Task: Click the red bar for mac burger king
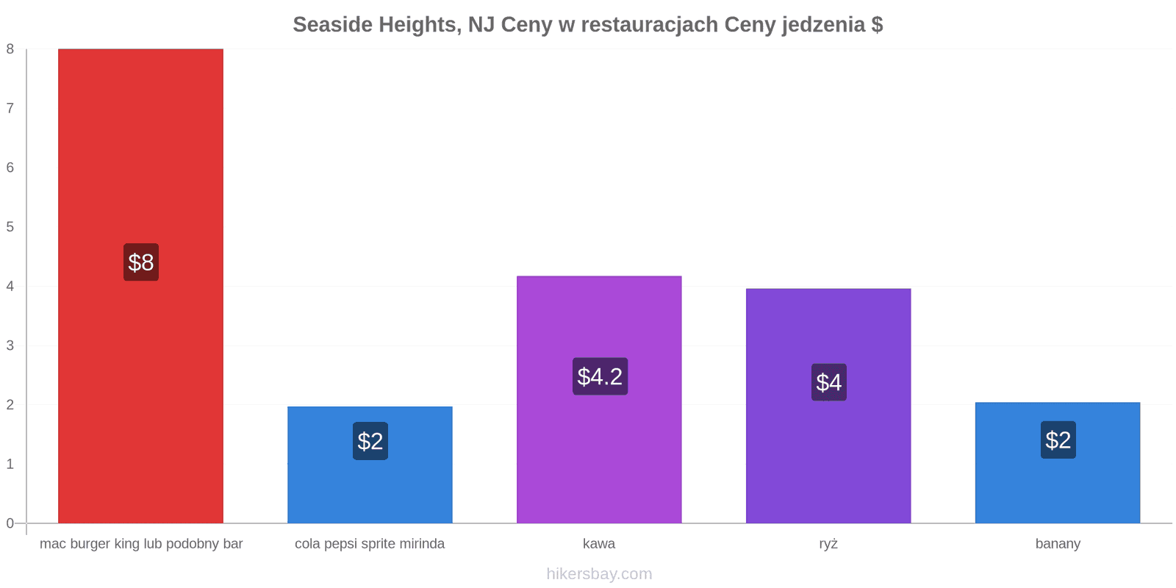pyautogui.click(x=140, y=286)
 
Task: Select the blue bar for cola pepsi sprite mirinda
pyautogui.click(x=370, y=465)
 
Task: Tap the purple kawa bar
pyautogui.click(x=599, y=400)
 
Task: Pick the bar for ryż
pyautogui.click(x=828, y=406)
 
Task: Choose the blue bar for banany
pyautogui.click(x=1058, y=462)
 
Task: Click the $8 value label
pyautogui.click(x=141, y=262)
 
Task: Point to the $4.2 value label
pyautogui.click(x=600, y=376)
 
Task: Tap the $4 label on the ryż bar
pyautogui.click(x=829, y=382)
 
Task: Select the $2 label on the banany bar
pyautogui.click(x=1058, y=440)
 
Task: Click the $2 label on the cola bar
pyautogui.click(x=370, y=441)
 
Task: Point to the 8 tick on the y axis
pyautogui.click(x=10, y=49)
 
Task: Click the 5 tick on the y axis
pyautogui.click(x=10, y=227)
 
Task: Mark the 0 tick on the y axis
pyautogui.click(x=10, y=523)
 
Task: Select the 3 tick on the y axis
pyautogui.click(x=10, y=345)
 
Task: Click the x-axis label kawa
pyautogui.click(x=599, y=543)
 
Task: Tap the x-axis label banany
pyautogui.click(x=1058, y=544)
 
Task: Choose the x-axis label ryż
pyautogui.click(x=828, y=544)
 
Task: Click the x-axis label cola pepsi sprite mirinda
pyautogui.click(x=370, y=544)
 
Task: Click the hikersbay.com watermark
pyautogui.click(x=599, y=573)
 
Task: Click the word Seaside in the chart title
pyautogui.click(x=333, y=25)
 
